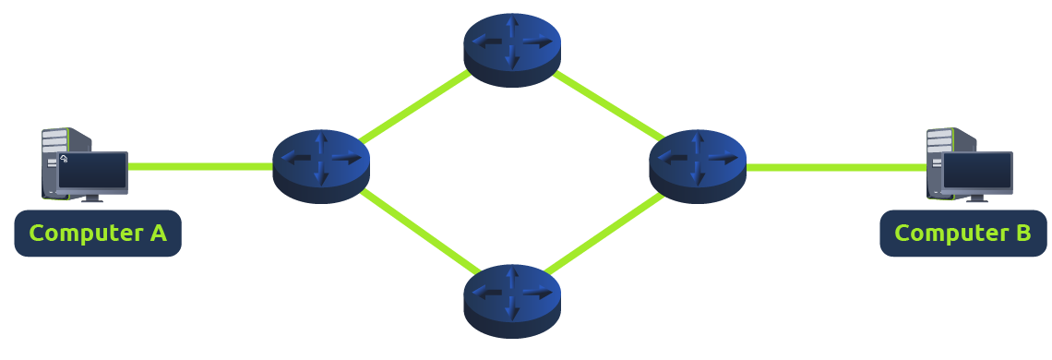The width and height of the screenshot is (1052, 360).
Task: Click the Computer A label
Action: point(98,234)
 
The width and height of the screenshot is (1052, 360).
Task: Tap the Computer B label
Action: point(963,234)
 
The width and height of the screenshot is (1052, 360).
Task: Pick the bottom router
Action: point(512,300)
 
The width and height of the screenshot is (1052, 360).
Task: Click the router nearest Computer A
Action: point(321,165)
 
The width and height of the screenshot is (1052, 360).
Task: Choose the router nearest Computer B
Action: point(697,165)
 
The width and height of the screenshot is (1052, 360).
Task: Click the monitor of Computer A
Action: point(91,171)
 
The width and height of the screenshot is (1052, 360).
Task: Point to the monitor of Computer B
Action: point(977,172)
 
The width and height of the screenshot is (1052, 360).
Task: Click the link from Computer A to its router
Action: point(199,167)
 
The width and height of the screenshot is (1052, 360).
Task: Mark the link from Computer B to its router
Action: point(835,167)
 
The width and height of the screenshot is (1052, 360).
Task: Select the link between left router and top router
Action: point(415,108)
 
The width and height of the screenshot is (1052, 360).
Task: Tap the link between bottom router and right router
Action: point(604,234)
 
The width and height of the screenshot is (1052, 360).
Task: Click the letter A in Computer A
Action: point(157,234)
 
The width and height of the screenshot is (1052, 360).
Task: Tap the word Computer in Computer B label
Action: point(950,234)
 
